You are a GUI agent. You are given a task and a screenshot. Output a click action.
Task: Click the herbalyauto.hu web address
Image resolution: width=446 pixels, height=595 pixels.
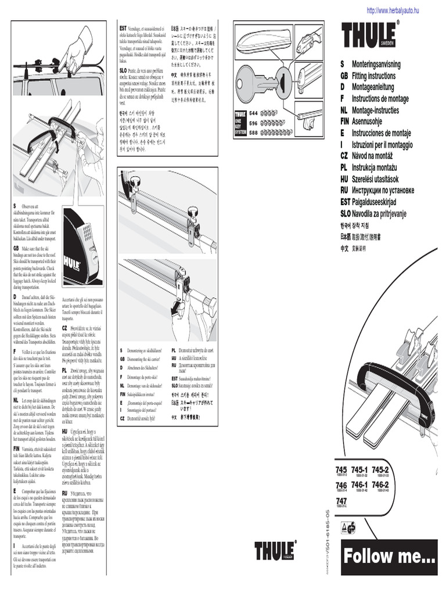pos(392,10)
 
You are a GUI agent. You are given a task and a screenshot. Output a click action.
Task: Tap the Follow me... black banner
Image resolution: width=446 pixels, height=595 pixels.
pos(389,557)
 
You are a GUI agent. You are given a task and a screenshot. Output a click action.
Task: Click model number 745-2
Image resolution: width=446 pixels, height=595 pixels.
pos(380,470)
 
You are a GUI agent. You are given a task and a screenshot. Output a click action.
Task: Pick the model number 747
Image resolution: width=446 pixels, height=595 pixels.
pos(341,501)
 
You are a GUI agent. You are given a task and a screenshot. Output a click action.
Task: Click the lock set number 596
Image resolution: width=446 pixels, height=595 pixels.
pos(253,123)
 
